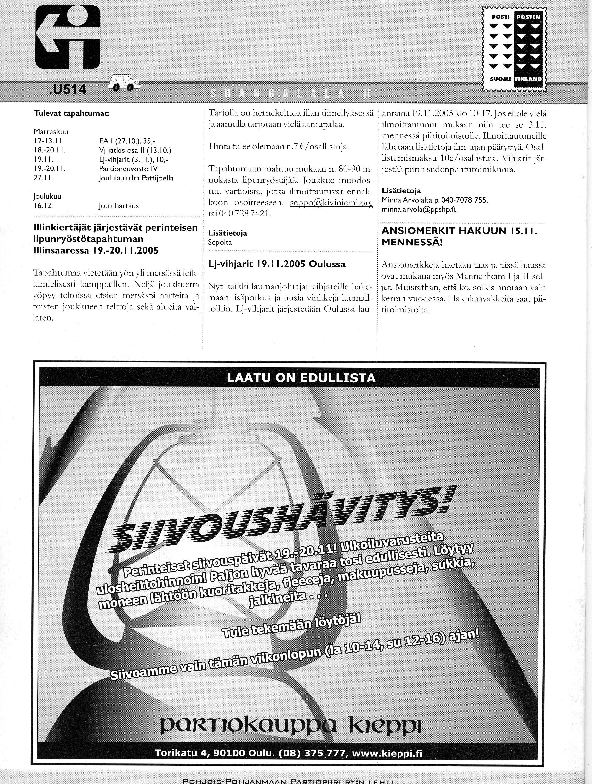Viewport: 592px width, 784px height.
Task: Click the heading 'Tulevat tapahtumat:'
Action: (72, 114)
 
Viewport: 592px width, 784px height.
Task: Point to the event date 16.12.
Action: (43, 206)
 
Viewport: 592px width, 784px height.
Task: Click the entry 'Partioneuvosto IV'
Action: (128, 169)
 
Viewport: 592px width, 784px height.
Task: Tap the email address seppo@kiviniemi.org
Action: (331, 203)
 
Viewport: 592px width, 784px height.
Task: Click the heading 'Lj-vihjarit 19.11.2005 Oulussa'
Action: (277, 264)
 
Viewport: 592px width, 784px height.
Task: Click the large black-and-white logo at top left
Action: (68, 37)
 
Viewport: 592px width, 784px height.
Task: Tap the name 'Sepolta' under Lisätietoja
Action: (220, 243)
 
